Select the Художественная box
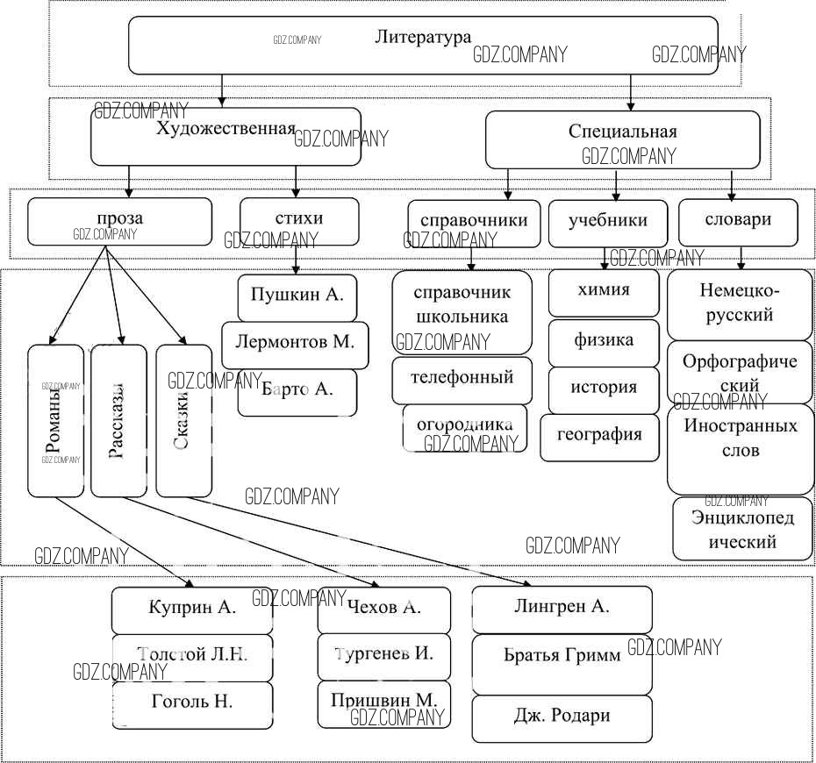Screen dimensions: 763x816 point(225,136)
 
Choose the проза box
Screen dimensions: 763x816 point(119,221)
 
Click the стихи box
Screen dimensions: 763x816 point(298,221)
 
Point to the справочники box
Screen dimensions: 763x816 point(474,224)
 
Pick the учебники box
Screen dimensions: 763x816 point(607,224)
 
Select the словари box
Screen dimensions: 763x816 point(737,221)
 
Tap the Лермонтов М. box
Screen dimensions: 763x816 point(295,344)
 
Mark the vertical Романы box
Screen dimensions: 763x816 point(55,421)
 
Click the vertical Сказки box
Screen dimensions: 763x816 point(184,421)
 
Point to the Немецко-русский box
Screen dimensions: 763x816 point(740,303)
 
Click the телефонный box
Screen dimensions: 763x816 point(462,380)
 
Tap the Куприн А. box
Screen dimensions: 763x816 point(192,610)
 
